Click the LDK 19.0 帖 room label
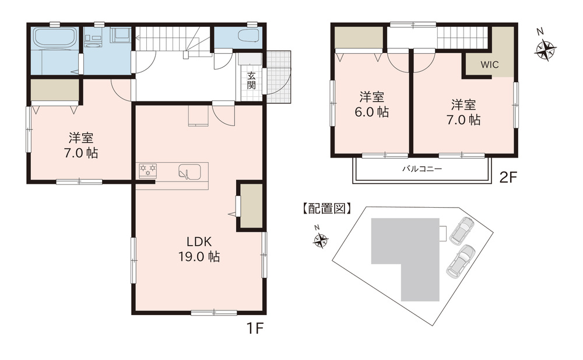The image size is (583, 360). (x=199, y=249)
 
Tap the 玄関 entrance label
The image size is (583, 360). (x=251, y=80)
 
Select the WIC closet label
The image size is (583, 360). (x=489, y=64)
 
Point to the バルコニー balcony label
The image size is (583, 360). (x=422, y=169)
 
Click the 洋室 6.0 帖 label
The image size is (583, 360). (x=372, y=104)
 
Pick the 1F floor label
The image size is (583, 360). (x=255, y=328)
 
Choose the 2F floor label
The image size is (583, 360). (x=508, y=177)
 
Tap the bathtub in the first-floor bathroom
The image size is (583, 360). (x=55, y=37)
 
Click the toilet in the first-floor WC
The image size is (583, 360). (x=248, y=37)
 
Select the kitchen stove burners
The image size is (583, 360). (x=148, y=170)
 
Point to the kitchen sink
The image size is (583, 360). (x=189, y=172)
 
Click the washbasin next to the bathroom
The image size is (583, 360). (x=93, y=39)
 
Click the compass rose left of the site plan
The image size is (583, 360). (x=319, y=239)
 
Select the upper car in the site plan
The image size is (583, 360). (x=462, y=230)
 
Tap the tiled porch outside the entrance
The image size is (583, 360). (x=278, y=77)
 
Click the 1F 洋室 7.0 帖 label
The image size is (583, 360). (x=81, y=145)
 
